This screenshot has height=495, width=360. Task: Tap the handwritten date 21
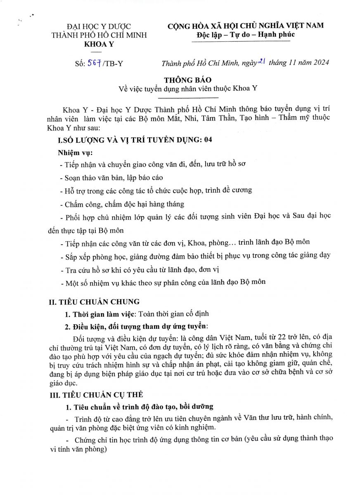click(261, 62)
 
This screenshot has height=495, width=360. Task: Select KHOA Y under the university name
click(99, 45)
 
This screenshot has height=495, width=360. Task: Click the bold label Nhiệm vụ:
click(75, 153)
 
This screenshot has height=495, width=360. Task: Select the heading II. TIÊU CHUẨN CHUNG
click(94, 302)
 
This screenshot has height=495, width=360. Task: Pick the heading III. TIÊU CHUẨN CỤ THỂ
click(96, 394)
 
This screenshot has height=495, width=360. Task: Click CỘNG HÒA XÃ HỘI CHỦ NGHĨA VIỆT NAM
click(245, 26)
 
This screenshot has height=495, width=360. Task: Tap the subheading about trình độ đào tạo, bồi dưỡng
click(143, 407)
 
